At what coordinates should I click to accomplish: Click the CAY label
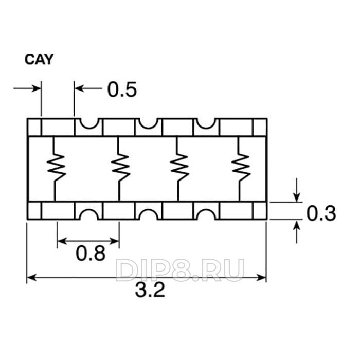pyautogui.click(x=39, y=60)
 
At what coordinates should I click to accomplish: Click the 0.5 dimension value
pyautogui.click(x=122, y=89)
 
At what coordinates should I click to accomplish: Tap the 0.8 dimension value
pyautogui.click(x=91, y=253)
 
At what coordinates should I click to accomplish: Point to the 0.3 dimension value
pyautogui.click(x=321, y=213)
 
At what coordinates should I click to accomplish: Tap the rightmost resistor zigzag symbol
pyautogui.click(x=240, y=166)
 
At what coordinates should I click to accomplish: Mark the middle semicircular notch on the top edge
pyautogui.click(x=149, y=123)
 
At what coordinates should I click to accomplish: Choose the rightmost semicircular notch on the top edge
pyautogui.click(x=206, y=123)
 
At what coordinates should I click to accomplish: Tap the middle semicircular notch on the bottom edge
pyautogui.click(x=149, y=213)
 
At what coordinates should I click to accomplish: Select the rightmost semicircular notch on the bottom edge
pyautogui.click(x=206, y=213)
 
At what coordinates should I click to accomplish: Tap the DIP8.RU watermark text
pyautogui.click(x=180, y=269)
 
